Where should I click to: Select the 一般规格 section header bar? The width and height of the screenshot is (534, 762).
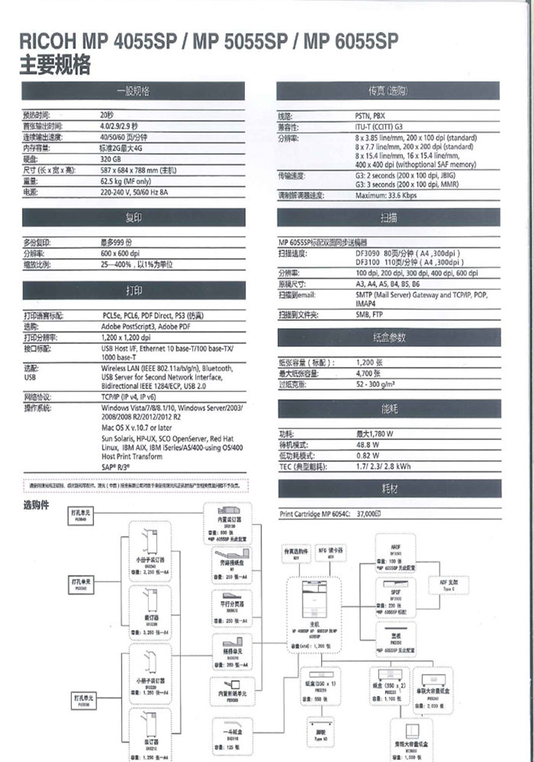coord(134,92)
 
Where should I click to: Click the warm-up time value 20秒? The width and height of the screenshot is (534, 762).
coord(107,114)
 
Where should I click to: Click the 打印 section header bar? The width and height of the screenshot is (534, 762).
coord(134,291)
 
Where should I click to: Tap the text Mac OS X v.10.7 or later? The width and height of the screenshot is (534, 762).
coord(141,428)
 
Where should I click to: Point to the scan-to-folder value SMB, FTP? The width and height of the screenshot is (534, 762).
coord(369,314)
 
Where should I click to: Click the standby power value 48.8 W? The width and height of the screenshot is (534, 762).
coord(367,444)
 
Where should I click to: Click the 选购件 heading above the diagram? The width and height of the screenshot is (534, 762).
coord(37,504)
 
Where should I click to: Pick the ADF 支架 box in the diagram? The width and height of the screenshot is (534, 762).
coord(449,586)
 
